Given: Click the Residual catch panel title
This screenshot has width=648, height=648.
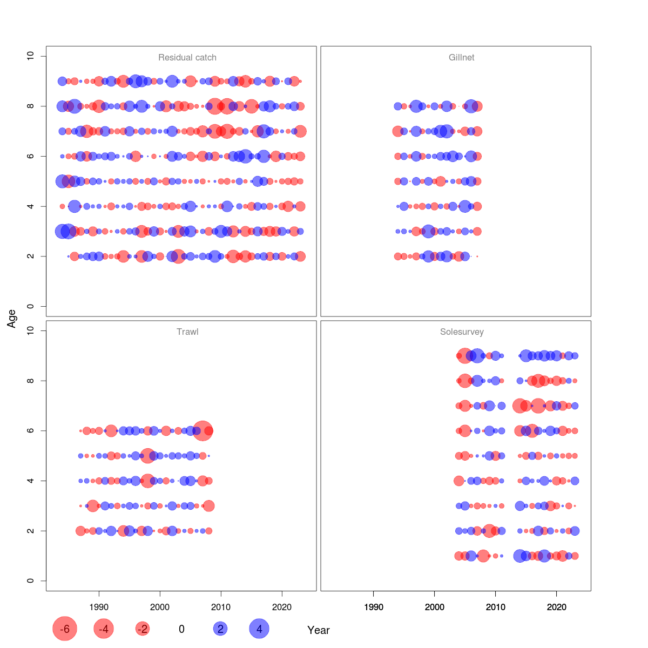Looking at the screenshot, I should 187,58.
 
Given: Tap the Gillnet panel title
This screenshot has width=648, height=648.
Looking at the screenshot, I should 462,58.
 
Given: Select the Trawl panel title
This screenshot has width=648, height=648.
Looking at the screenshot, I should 187,332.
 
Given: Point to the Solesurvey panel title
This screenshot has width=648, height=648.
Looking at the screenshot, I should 462,332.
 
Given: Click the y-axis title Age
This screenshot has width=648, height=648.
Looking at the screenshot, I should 12,319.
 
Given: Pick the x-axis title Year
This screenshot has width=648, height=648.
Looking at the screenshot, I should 319,630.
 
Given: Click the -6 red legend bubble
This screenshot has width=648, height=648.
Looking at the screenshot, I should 65,629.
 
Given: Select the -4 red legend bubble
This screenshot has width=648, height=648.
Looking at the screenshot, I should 104,629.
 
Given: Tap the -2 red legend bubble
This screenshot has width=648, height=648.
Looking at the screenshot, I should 143,629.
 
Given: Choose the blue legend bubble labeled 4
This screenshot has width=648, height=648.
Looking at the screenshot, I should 259,629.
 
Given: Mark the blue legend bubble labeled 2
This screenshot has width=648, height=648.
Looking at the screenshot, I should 220,629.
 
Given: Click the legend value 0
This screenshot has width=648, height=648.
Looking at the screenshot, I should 181,629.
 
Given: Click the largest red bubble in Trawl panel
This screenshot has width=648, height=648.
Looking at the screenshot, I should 202,431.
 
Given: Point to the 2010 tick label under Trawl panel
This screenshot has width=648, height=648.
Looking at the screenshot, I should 221,607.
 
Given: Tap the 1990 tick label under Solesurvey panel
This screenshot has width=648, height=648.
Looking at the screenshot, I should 374,607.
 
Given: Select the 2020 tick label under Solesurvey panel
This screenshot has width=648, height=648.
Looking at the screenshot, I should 557,607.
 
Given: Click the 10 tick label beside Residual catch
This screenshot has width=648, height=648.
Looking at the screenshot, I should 30,56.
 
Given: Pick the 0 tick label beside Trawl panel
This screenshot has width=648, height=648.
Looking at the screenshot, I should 30,581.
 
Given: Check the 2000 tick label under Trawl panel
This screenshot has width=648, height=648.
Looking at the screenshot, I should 160,607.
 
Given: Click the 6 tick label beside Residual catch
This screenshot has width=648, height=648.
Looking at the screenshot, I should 30,156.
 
